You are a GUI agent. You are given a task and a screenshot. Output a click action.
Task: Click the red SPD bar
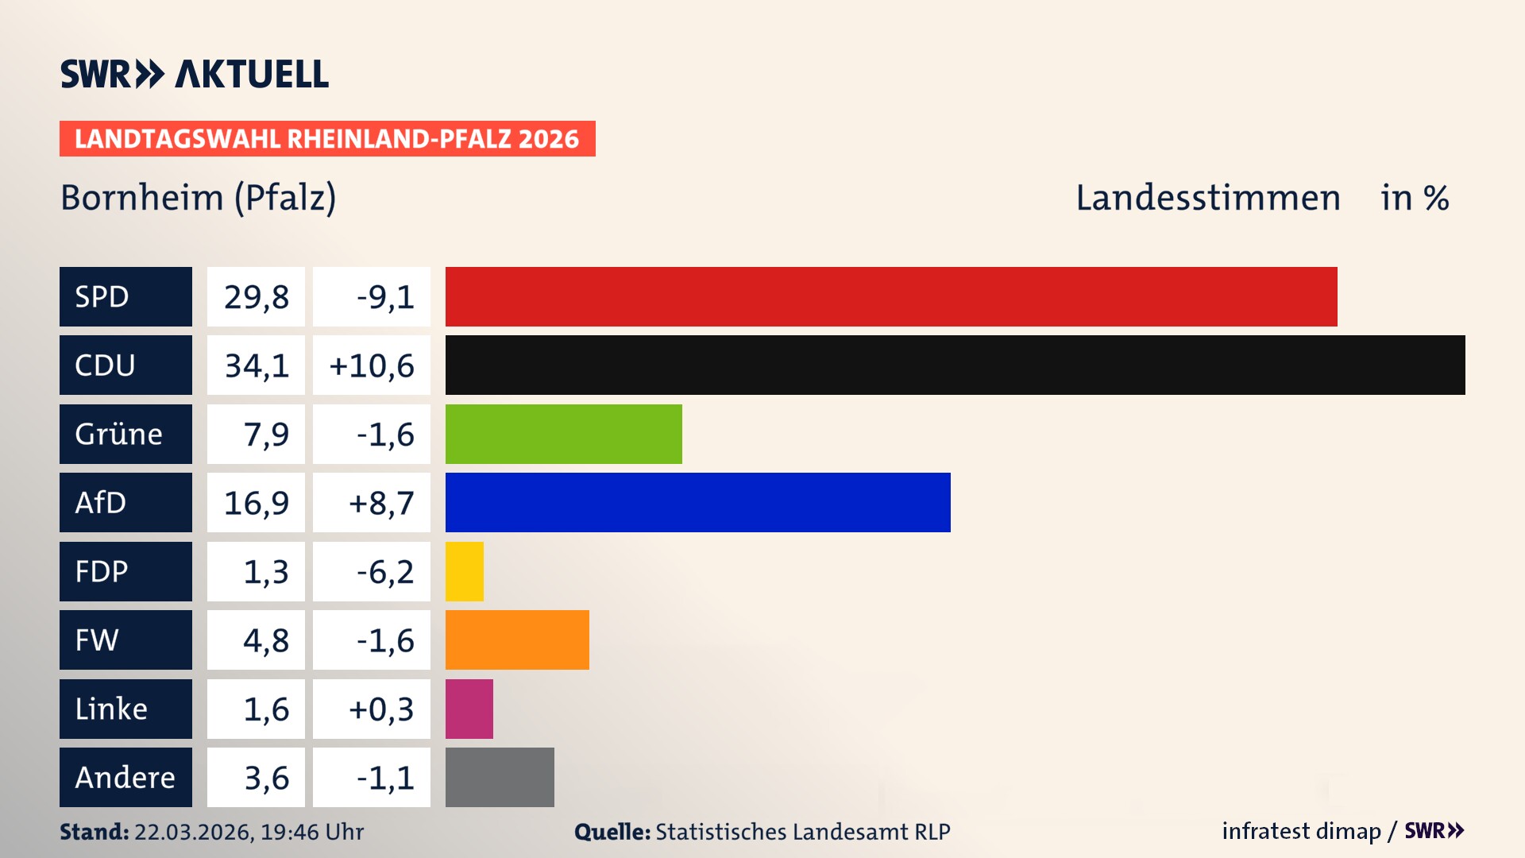(890, 296)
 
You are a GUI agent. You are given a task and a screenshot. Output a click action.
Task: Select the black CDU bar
(955, 365)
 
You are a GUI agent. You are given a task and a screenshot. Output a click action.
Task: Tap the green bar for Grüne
(563, 434)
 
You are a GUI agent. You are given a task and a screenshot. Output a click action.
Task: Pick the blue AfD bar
(697, 502)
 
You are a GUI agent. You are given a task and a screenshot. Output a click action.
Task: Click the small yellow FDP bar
(464, 571)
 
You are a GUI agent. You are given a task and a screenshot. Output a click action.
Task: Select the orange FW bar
(517, 640)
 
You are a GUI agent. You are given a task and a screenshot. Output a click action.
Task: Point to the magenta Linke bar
(469, 709)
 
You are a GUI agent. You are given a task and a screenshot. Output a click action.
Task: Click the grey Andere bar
(500, 777)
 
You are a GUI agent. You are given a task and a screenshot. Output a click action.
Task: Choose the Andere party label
(125, 777)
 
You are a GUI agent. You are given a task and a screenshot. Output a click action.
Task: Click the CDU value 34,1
(256, 365)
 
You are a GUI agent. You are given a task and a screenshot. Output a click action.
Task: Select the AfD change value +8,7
(380, 503)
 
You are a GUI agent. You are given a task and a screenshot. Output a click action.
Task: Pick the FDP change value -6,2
(384, 572)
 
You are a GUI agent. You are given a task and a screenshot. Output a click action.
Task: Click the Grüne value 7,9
(265, 435)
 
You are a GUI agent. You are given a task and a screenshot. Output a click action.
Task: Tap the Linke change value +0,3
(380, 709)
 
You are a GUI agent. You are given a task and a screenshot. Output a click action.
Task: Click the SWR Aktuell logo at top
(194, 74)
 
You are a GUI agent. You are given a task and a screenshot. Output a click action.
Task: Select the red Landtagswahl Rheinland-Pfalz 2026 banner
(326, 138)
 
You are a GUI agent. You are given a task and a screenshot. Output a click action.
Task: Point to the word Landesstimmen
(1207, 198)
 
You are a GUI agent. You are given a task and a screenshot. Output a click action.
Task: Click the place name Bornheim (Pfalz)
(199, 198)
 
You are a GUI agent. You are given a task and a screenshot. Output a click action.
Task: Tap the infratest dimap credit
(1300, 831)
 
